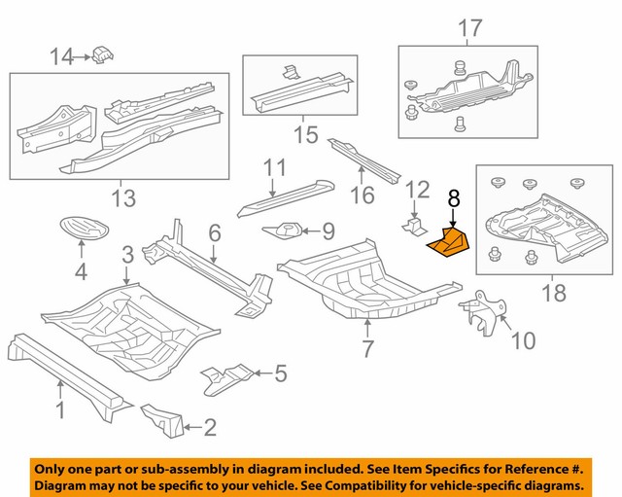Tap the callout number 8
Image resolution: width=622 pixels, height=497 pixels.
[x=453, y=198]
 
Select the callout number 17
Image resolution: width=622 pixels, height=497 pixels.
[x=469, y=29]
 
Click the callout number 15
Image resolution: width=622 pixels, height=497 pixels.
[x=306, y=133]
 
